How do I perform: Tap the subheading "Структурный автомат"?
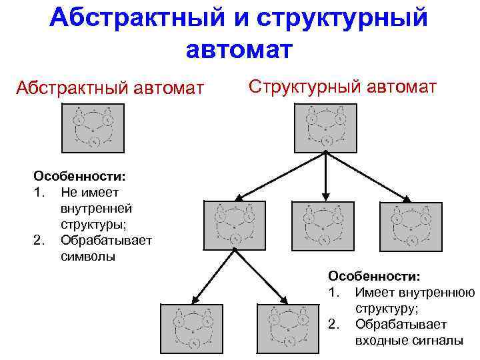coord(343,86)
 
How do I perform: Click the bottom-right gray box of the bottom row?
coord(288,328)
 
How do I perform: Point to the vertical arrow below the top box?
coord(325,175)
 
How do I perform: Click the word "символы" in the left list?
coord(87,256)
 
